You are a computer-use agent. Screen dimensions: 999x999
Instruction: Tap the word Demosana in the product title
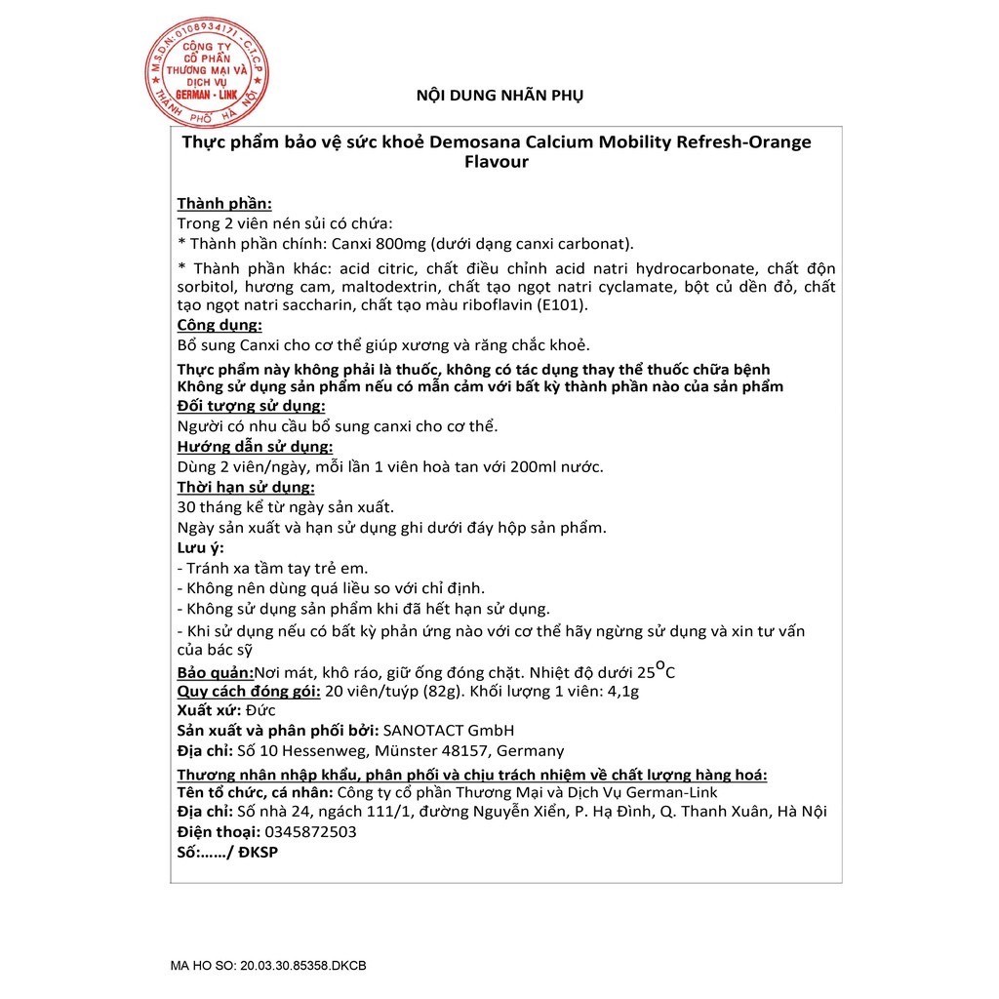474,142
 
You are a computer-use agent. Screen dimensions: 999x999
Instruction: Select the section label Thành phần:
224,204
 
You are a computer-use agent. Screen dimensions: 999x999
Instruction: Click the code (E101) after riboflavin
569,305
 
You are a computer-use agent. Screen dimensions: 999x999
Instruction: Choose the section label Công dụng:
220,326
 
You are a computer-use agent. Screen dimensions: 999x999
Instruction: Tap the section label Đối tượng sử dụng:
251,406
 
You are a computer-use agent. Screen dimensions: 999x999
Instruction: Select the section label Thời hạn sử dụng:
245,487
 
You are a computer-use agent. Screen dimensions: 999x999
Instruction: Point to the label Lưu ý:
200,547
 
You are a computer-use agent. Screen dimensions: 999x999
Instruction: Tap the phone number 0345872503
309,832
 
